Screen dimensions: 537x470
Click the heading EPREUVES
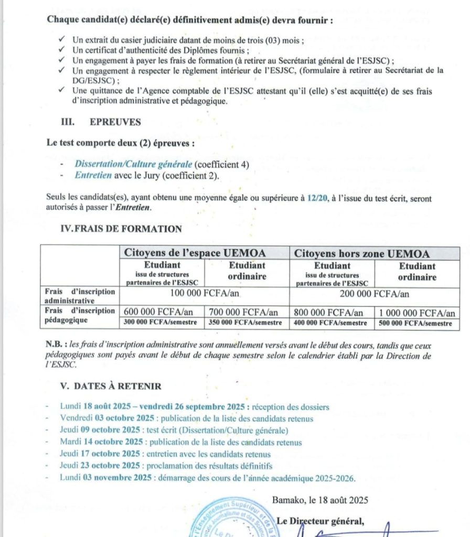(115, 122)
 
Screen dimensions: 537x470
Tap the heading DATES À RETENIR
(117, 386)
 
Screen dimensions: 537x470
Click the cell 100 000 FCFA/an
(204, 294)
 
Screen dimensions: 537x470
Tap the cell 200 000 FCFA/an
(374, 294)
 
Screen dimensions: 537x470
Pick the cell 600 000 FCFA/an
(160, 312)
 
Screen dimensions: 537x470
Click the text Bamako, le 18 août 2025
(319, 500)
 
